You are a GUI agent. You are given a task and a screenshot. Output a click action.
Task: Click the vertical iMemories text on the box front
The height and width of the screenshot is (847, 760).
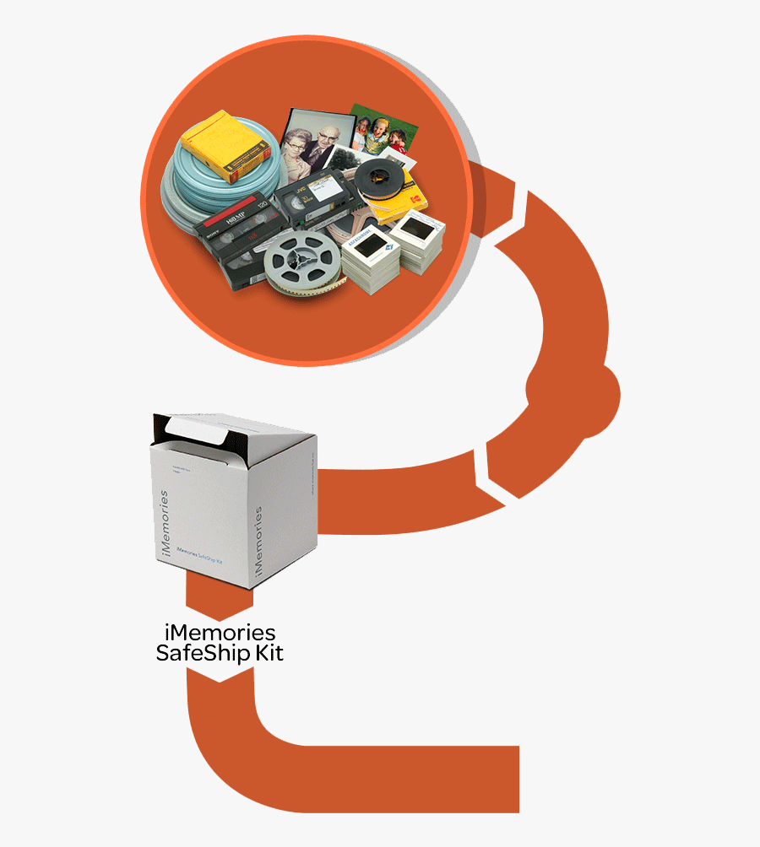coord(164,523)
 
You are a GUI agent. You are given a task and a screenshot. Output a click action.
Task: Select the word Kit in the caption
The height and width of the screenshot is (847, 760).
coord(269,654)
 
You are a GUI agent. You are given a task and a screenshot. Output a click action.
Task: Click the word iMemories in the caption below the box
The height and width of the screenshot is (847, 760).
coord(219,633)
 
